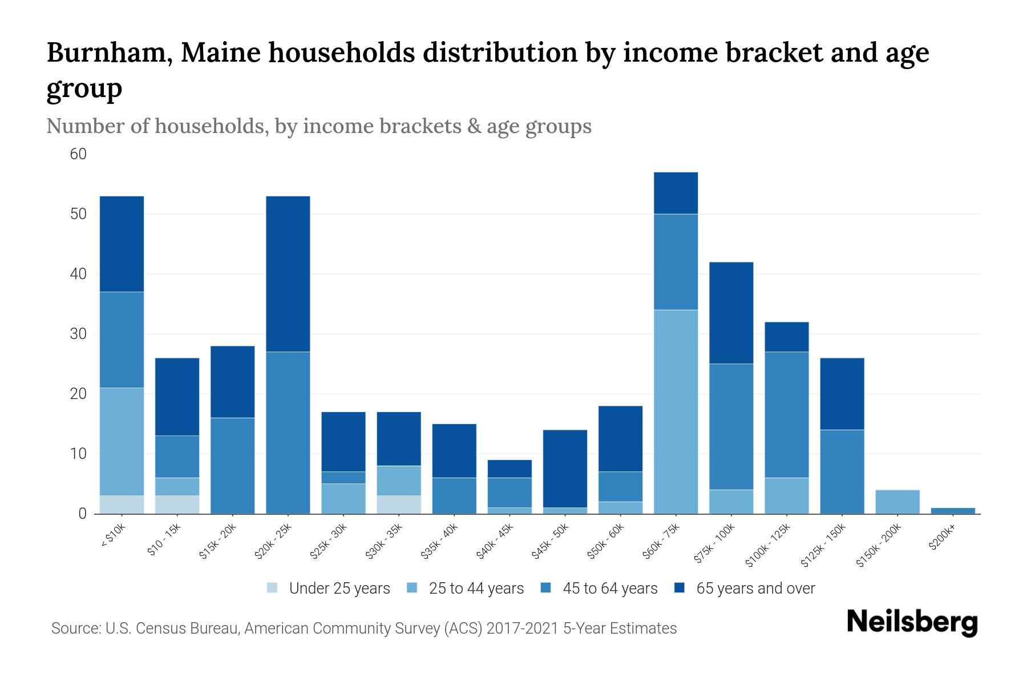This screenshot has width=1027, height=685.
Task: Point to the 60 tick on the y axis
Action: pyautogui.click(x=78, y=154)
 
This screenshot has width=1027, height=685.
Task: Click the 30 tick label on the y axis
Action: pyautogui.click(x=78, y=334)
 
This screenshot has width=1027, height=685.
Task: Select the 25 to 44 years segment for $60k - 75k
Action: pyautogui.click(x=676, y=411)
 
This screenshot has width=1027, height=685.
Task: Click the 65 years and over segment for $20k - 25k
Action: pyautogui.click(x=288, y=274)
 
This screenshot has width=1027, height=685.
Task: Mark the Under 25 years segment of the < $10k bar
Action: pyautogui.click(x=122, y=505)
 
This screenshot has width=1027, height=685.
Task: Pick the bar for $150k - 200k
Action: pyautogui.click(x=897, y=502)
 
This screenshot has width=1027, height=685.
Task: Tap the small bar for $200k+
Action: pyautogui.click(x=953, y=511)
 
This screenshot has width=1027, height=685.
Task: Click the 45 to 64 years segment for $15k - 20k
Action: pyautogui.click(x=233, y=465)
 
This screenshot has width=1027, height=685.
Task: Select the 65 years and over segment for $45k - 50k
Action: pyautogui.click(x=565, y=468)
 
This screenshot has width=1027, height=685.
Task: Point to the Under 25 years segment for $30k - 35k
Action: pyautogui.click(x=399, y=505)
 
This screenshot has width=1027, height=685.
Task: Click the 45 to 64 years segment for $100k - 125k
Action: pyautogui.click(x=787, y=414)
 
